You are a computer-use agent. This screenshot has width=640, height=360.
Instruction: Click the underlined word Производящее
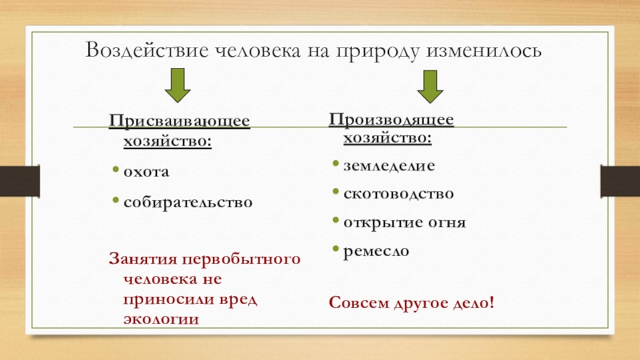(392, 120)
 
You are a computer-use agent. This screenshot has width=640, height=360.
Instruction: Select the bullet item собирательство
(188, 202)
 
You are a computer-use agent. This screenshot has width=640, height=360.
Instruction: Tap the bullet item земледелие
(389, 166)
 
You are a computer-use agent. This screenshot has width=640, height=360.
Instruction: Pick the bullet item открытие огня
(404, 222)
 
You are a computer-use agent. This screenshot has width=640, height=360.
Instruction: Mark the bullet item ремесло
(375, 250)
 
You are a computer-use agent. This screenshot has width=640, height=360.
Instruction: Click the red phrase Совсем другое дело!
(412, 304)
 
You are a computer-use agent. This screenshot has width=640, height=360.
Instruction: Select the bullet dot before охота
(116, 170)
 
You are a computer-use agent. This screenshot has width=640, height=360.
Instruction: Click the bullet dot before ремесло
(336, 249)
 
